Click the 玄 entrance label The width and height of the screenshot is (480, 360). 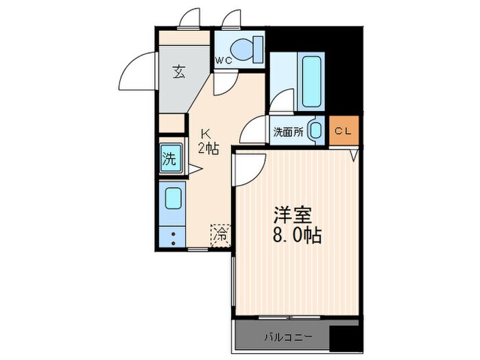pos(179,71)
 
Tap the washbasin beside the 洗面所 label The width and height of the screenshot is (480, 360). pos(316,130)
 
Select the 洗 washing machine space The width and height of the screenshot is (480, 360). pos(170,159)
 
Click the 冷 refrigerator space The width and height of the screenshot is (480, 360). pos(221,234)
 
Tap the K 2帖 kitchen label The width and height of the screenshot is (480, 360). pos(207,141)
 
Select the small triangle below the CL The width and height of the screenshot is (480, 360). pos(354,156)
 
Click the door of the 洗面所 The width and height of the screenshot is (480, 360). pos(256,130)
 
